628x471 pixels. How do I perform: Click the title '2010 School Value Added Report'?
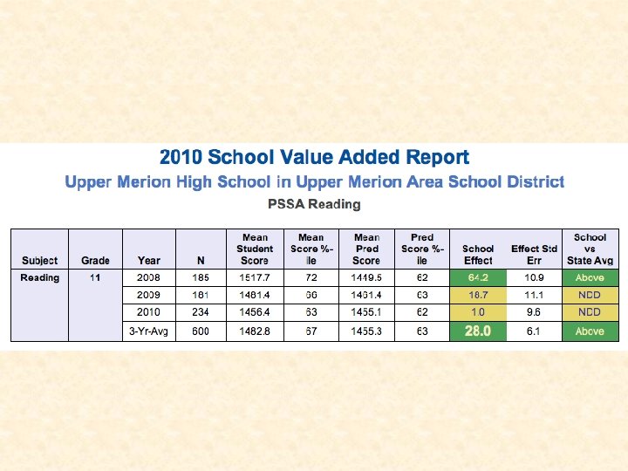(314, 158)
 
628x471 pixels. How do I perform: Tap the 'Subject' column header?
(39, 260)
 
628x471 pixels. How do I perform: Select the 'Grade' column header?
(95, 260)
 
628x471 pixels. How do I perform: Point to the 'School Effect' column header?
(478, 254)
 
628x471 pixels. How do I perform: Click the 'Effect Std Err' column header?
(534, 254)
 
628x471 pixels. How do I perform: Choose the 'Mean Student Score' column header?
(255, 249)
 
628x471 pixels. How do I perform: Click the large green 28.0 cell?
(478, 331)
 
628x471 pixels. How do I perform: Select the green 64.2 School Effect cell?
(478, 277)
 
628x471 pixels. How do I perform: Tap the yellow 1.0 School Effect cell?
(478, 311)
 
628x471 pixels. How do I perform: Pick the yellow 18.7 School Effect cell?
(478, 295)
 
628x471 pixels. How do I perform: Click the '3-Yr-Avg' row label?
(149, 331)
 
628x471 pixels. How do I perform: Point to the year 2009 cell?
(149, 295)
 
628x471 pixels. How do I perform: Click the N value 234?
(201, 311)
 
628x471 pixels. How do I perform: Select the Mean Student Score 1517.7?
(255, 277)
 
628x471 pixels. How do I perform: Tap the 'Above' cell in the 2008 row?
(590, 277)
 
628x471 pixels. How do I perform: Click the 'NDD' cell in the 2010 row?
(590, 311)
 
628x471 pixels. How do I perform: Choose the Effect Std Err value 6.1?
(534, 331)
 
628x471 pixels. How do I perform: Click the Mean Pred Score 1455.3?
(366, 331)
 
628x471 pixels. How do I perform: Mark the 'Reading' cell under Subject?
(40, 277)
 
